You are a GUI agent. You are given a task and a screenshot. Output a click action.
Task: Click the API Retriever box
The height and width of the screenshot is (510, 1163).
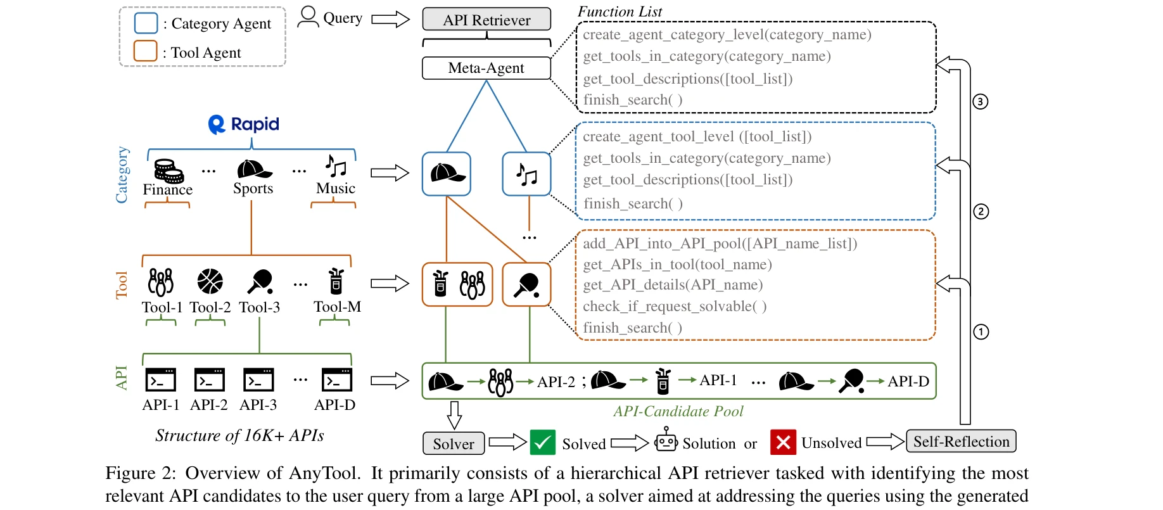(486, 20)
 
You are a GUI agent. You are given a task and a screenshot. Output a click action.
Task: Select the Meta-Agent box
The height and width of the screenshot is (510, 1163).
(486, 68)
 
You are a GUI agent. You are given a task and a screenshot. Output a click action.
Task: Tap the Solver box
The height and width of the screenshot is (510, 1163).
(454, 443)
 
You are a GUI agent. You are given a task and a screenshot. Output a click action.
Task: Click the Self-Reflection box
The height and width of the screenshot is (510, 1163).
(961, 442)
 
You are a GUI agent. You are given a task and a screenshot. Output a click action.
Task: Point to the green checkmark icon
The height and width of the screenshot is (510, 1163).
(542, 442)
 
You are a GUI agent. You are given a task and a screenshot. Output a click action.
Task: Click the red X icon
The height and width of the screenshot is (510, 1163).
(783, 442)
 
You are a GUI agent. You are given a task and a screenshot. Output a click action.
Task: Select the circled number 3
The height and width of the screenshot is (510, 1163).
(981, 101)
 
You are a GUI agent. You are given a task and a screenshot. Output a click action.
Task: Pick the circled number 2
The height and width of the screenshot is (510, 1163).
(981, 212)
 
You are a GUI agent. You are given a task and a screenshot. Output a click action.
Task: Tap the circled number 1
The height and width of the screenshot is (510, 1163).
(981, 332)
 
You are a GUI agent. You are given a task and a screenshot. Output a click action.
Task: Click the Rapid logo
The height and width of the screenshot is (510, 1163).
(244, 124)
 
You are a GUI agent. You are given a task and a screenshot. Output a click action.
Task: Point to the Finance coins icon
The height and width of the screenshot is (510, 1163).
(168, 170)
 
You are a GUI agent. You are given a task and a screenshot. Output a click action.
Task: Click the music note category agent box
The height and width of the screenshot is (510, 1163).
(526, 174)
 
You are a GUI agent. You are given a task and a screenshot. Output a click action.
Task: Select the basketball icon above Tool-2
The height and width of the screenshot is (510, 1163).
(210, 281)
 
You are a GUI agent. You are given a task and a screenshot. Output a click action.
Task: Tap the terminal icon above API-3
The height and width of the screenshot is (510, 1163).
(258, 379)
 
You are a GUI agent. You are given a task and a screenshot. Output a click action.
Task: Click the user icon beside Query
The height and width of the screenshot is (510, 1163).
(308, 16)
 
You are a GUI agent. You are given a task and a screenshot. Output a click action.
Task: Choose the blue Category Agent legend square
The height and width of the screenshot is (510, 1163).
(146, 23)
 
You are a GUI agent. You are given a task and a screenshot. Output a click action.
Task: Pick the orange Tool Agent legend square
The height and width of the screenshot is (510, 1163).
(145, 51)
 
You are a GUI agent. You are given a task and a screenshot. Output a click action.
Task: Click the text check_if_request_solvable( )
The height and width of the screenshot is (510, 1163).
(675, 307)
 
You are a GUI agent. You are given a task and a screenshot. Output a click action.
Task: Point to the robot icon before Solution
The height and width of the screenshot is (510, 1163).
(666, 440)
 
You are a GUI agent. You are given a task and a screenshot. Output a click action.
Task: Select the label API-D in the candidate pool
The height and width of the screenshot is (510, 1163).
(908, 381)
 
